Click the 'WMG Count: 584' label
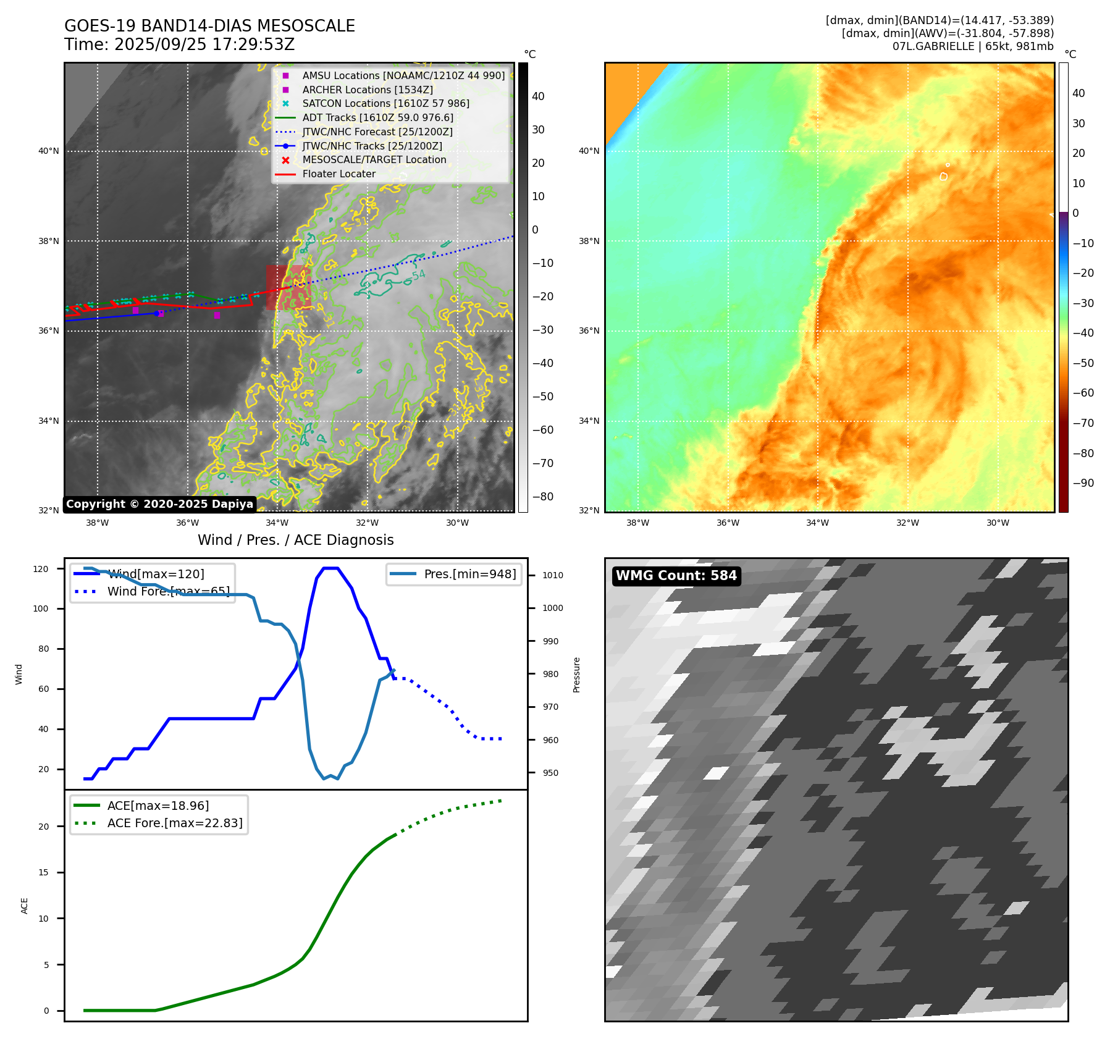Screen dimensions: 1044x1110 676,576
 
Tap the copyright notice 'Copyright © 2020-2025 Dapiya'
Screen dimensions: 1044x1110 159,504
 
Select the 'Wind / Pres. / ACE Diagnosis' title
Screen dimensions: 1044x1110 295,540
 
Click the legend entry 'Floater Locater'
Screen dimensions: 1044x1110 338,174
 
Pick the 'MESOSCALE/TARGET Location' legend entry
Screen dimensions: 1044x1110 374,160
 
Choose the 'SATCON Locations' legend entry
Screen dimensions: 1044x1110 385,104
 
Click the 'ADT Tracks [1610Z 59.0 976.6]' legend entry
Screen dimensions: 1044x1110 377,118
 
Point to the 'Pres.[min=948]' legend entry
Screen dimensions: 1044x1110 469,574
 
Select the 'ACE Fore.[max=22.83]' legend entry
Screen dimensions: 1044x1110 175,823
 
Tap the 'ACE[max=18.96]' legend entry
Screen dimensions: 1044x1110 158,806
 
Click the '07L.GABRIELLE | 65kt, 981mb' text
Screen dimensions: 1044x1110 973,46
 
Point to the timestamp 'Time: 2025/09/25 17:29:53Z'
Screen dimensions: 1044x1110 179,45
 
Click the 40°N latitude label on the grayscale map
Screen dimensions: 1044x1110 49,151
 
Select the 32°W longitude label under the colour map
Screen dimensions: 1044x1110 907,523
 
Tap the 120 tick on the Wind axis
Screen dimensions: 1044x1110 41,569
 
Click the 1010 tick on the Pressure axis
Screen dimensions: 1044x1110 553,575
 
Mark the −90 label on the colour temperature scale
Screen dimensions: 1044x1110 1083,483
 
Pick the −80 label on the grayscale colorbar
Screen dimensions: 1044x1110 542,497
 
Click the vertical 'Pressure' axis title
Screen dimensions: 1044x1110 576,675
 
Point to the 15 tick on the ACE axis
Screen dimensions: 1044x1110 43,872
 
